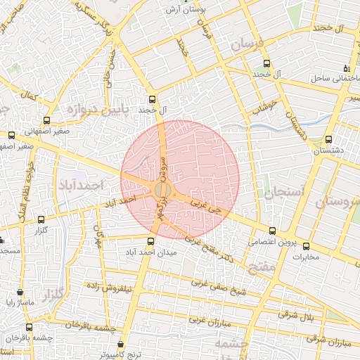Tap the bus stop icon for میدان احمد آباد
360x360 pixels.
150,241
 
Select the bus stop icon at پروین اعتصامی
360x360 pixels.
273,231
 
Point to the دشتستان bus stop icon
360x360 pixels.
329,139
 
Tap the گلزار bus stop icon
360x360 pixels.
40,220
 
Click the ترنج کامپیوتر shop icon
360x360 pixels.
122,345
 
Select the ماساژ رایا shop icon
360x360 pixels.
19,292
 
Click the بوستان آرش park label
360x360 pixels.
187,10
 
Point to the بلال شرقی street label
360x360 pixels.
298,314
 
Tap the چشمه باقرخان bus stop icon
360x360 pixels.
29,327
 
